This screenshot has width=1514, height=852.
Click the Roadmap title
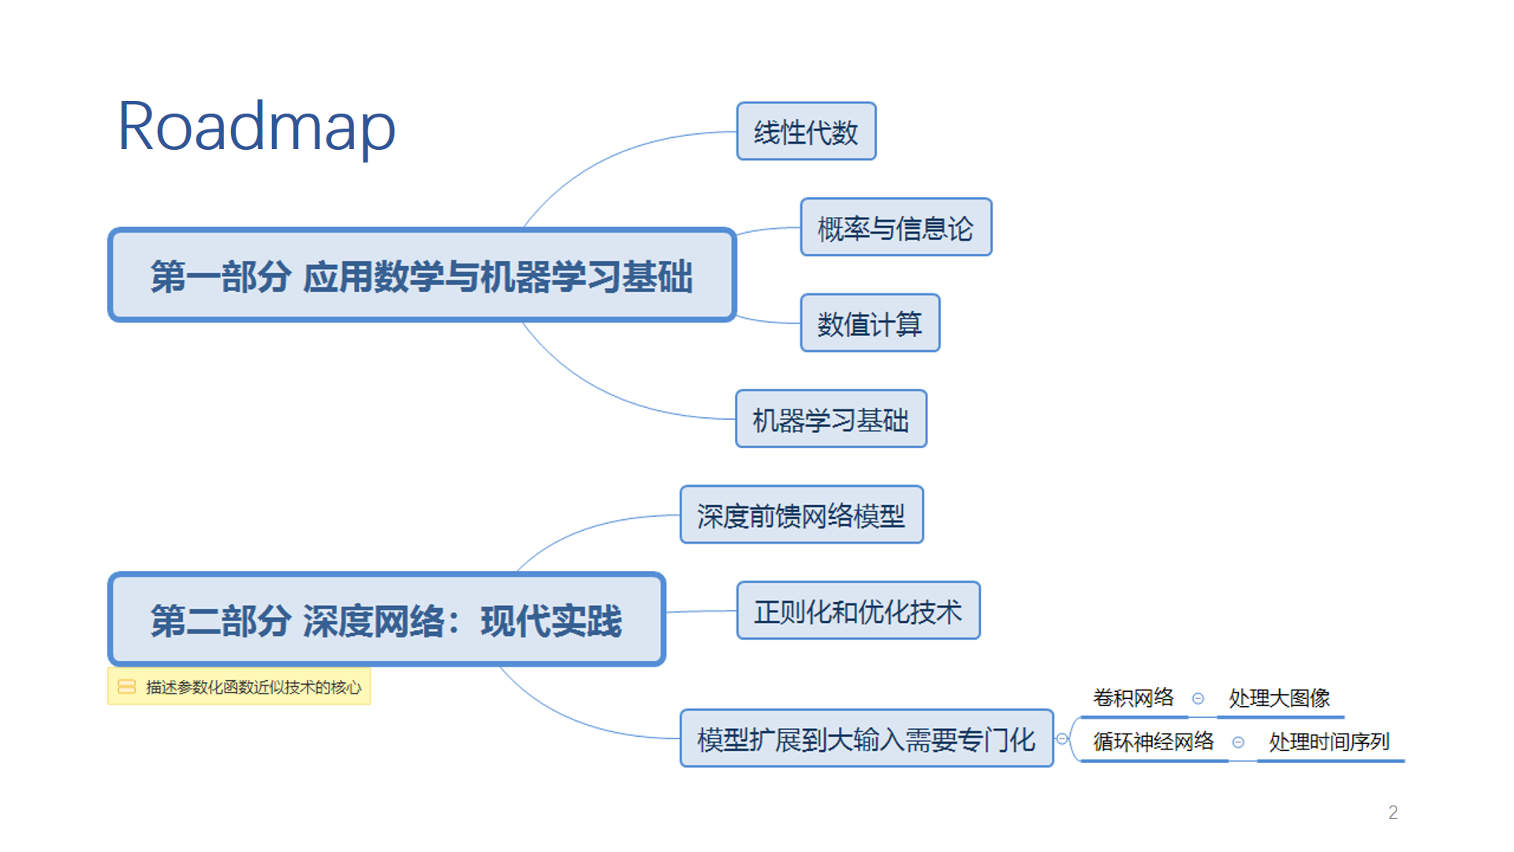point(256,127)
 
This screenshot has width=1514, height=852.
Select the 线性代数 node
point(806,132)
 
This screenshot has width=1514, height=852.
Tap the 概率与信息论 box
point(896,228)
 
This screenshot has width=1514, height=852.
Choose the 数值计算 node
point(870,323)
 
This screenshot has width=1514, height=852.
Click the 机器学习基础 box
point(831,420)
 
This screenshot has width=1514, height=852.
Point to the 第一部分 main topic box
point(422,275)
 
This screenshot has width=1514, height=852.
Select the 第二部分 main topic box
point(386,619)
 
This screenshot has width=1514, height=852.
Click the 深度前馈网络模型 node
point(801,515)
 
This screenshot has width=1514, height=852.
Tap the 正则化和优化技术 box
point(858,611)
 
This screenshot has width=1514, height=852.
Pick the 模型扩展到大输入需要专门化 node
point(866,739)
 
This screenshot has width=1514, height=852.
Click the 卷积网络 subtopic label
point(1133,697)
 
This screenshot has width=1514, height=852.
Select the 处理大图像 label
point(1279,697)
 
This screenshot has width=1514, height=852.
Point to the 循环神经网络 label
point(1153,742)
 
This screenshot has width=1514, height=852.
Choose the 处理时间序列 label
point(1329,742)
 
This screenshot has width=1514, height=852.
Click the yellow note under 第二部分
point(239,686)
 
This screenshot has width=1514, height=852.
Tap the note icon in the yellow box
point(126,686)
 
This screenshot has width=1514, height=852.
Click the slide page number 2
point(1393,813)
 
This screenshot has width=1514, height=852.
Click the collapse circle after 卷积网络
point(1198,698)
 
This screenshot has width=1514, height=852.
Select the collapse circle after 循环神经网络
point(1238,742)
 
